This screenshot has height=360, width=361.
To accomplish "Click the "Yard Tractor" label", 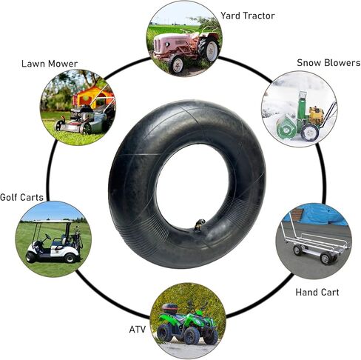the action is point(247,16).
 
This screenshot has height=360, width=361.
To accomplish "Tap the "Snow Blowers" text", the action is point(328,63).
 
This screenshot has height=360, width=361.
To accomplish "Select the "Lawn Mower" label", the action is point(50,64).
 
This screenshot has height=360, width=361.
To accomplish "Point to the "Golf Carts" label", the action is point(21,197).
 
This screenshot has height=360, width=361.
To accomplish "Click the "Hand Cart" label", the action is point(317,293).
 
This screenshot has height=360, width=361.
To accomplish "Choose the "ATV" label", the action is point(138,330).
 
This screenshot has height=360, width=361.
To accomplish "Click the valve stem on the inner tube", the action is point(199,225).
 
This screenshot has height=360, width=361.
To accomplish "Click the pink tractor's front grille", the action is point(158,45).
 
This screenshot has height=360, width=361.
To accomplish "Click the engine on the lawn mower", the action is point(82,113).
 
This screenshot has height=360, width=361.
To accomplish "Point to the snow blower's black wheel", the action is point(310,133).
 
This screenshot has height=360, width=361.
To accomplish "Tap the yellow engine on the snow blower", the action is point(316,115).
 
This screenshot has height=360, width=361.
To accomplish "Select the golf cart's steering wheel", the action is point(47,237).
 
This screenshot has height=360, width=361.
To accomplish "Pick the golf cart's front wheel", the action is point(31,257).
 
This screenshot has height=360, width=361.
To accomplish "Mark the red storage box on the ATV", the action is point(169,307).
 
